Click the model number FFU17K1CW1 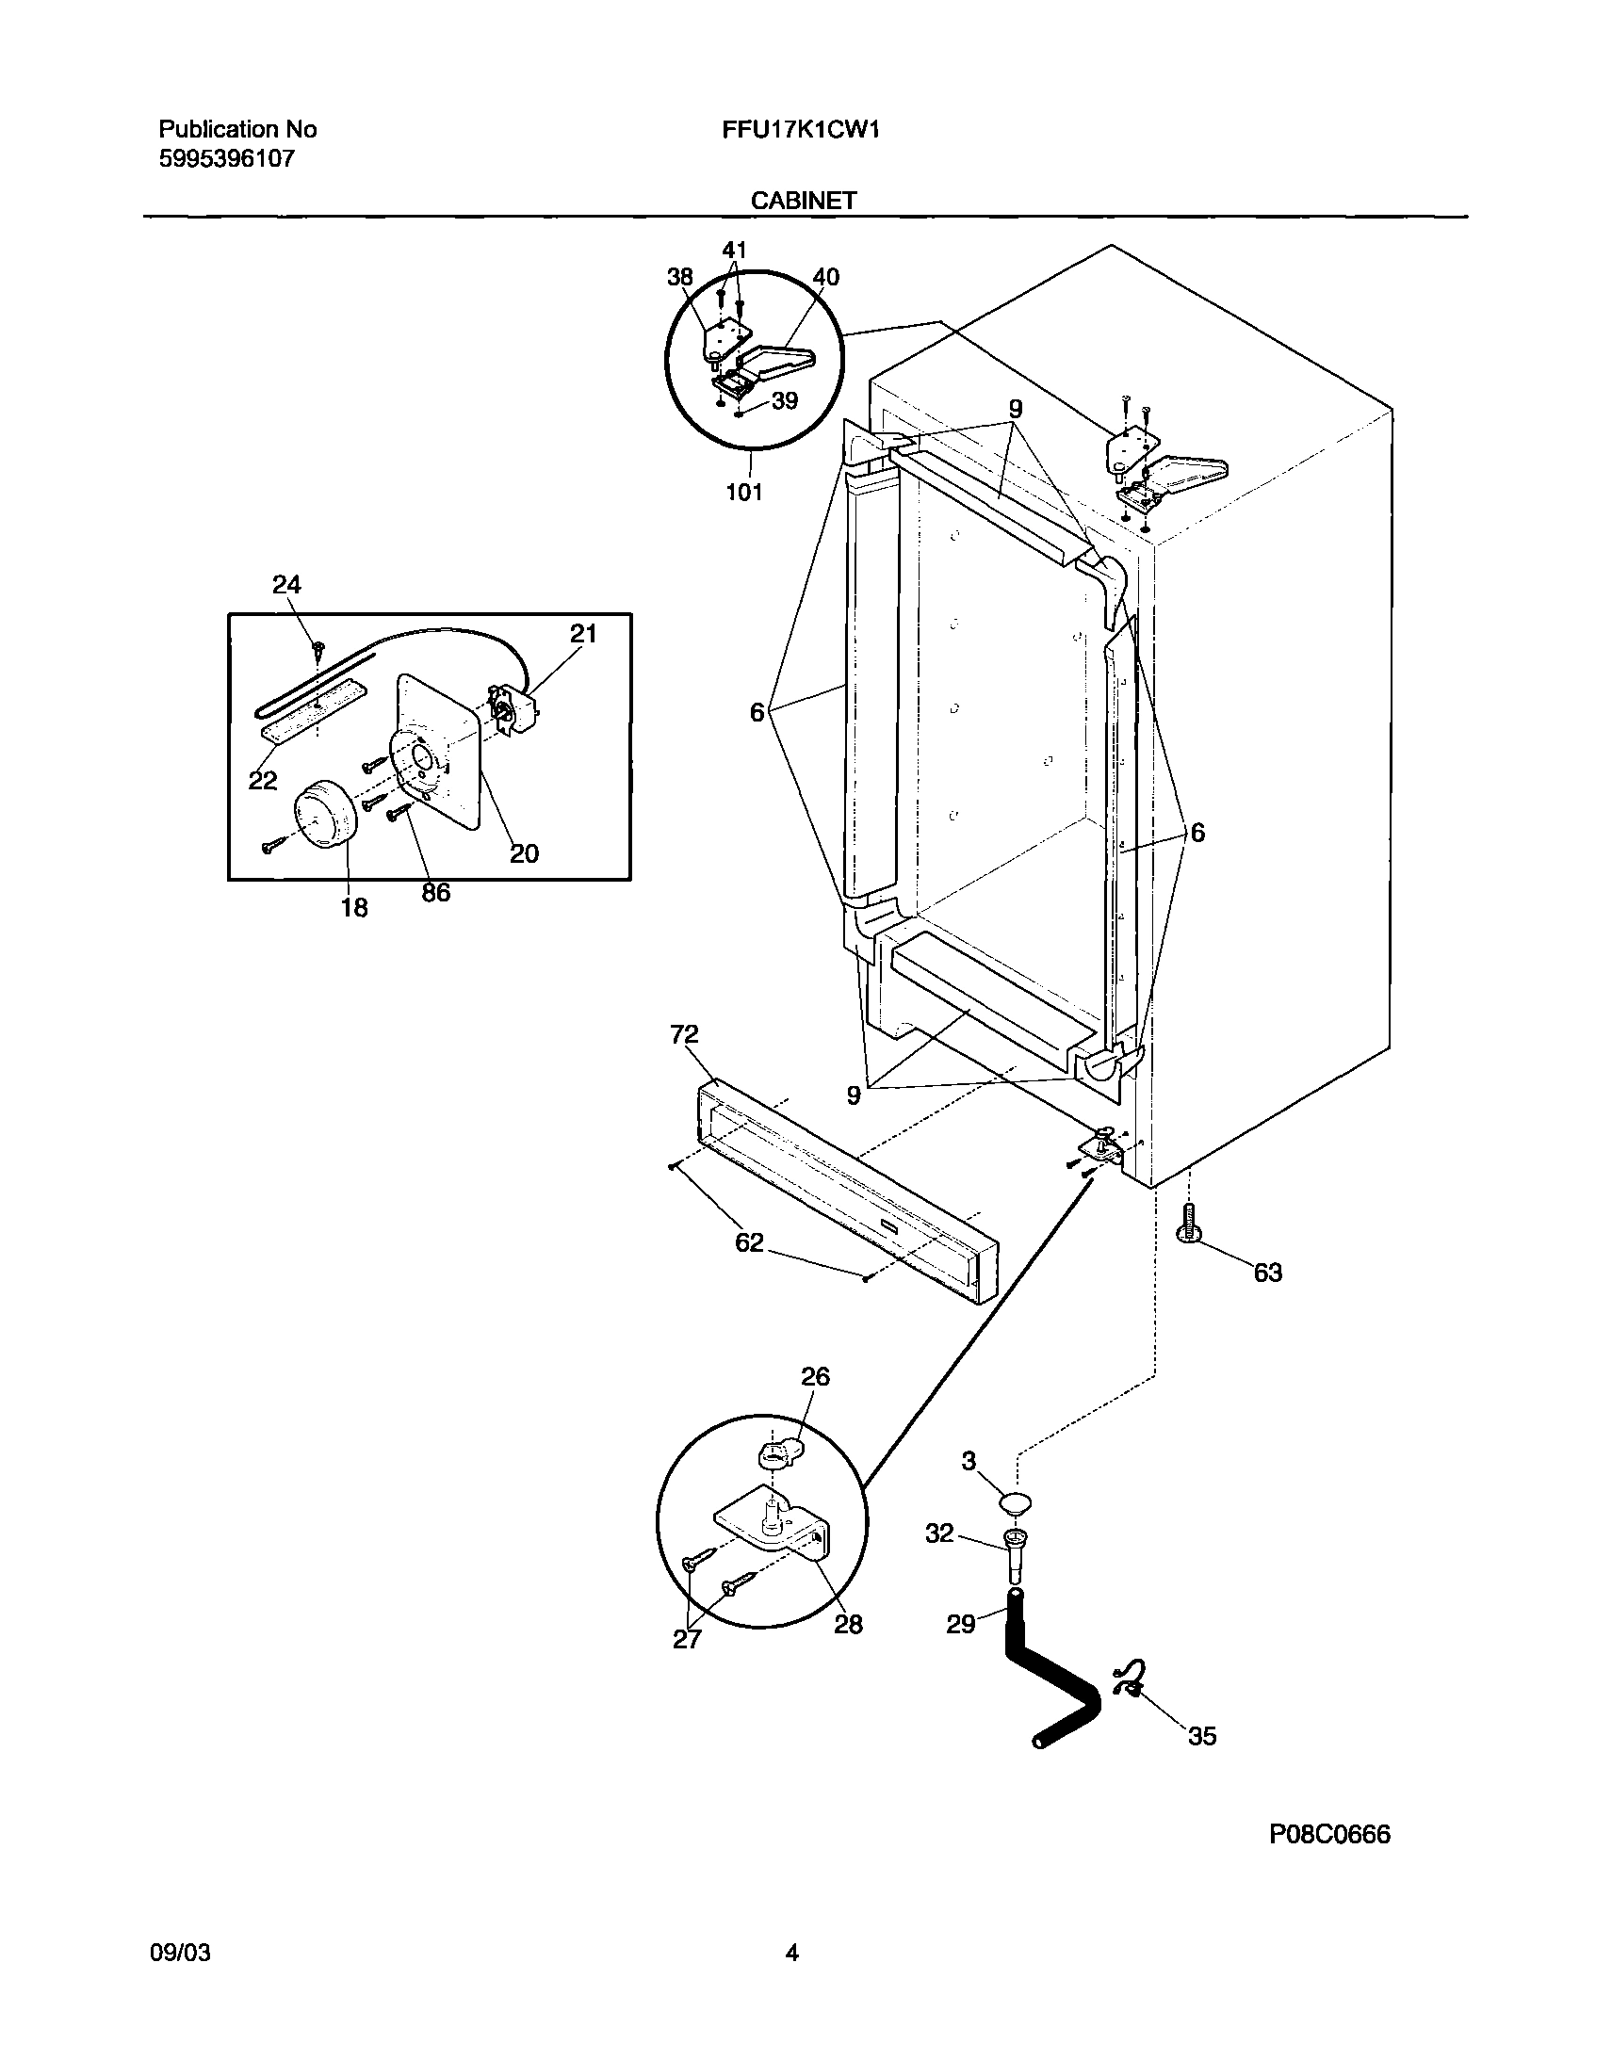point(800,129)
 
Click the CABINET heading point(803,200)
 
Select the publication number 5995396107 point(226,158)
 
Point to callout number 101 point(743,492)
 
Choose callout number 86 point(435,892)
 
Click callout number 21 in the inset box point(583,634)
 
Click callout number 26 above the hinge point(815,1377)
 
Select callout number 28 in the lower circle point(848,1624)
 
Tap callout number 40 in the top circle point(825,277)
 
